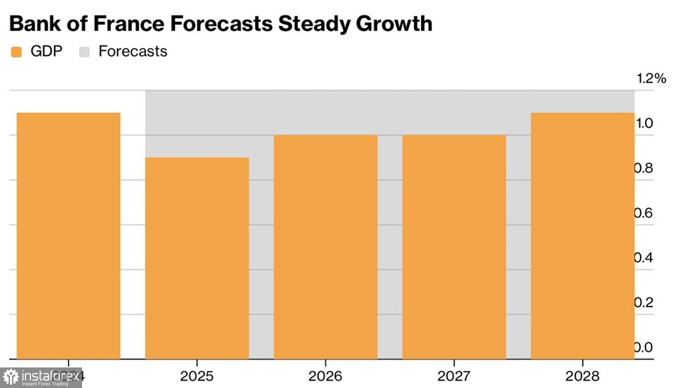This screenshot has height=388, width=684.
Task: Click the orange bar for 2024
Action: [68, 235]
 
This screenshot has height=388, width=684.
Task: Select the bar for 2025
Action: [197, 258]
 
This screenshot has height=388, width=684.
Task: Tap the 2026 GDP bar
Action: [326, 246]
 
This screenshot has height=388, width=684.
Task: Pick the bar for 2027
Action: [454, 246]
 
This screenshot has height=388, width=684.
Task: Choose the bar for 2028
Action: [582, 235]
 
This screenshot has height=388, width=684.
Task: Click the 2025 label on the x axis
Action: [197, 376]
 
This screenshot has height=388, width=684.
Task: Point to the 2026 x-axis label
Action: [326, 376]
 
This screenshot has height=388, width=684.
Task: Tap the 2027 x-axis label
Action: [454, 376]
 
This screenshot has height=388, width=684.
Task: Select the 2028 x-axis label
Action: [582, 376]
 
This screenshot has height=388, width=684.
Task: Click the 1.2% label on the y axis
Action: [651, 79]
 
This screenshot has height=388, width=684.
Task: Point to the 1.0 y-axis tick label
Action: [644, 123]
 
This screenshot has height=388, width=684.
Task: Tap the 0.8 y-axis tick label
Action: [644, 168]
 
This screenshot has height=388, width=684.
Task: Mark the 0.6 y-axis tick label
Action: [644, 213]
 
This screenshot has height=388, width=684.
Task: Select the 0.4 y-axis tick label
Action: [644, 258]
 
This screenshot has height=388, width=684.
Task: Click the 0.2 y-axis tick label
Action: [644, 303]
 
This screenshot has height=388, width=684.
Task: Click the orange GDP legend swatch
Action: [16, 52]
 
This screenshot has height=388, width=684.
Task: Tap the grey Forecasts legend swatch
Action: [84, 52]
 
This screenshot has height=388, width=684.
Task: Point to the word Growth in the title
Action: [394, 24]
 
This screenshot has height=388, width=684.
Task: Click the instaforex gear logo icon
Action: [11, 378]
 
